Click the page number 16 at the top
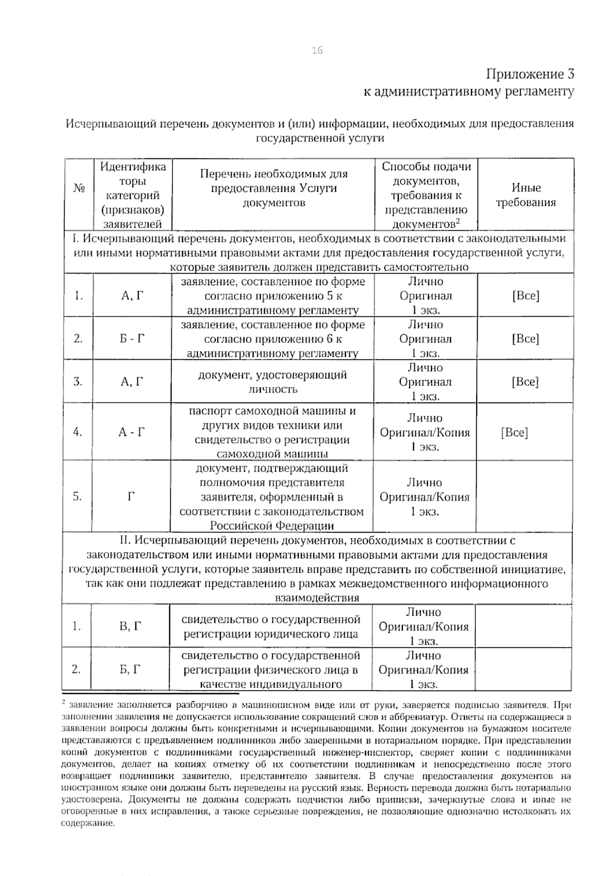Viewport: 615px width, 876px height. coord(317,50)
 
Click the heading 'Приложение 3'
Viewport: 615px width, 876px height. coord(530,74)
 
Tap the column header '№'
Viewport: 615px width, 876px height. coord(78,188)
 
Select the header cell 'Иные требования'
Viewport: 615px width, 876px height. coord(525,195)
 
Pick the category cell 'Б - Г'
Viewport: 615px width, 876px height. coord(132,339)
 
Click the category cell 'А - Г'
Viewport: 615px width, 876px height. coord(132,432)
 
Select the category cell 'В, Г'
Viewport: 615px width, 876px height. coord(131,626)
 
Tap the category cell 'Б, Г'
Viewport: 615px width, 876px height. coord(131,669)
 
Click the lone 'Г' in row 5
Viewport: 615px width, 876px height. coord(132,497)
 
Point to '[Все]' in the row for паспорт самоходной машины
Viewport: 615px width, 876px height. coord(514,432)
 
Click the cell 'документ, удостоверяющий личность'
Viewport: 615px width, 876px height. coord(272,382)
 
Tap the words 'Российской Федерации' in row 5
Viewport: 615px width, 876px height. coord(272,526)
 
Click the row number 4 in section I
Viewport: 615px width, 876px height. coord(77,432)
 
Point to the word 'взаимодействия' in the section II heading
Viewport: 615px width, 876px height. coord(317,598)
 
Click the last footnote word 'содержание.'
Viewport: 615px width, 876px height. coord(88,823)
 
